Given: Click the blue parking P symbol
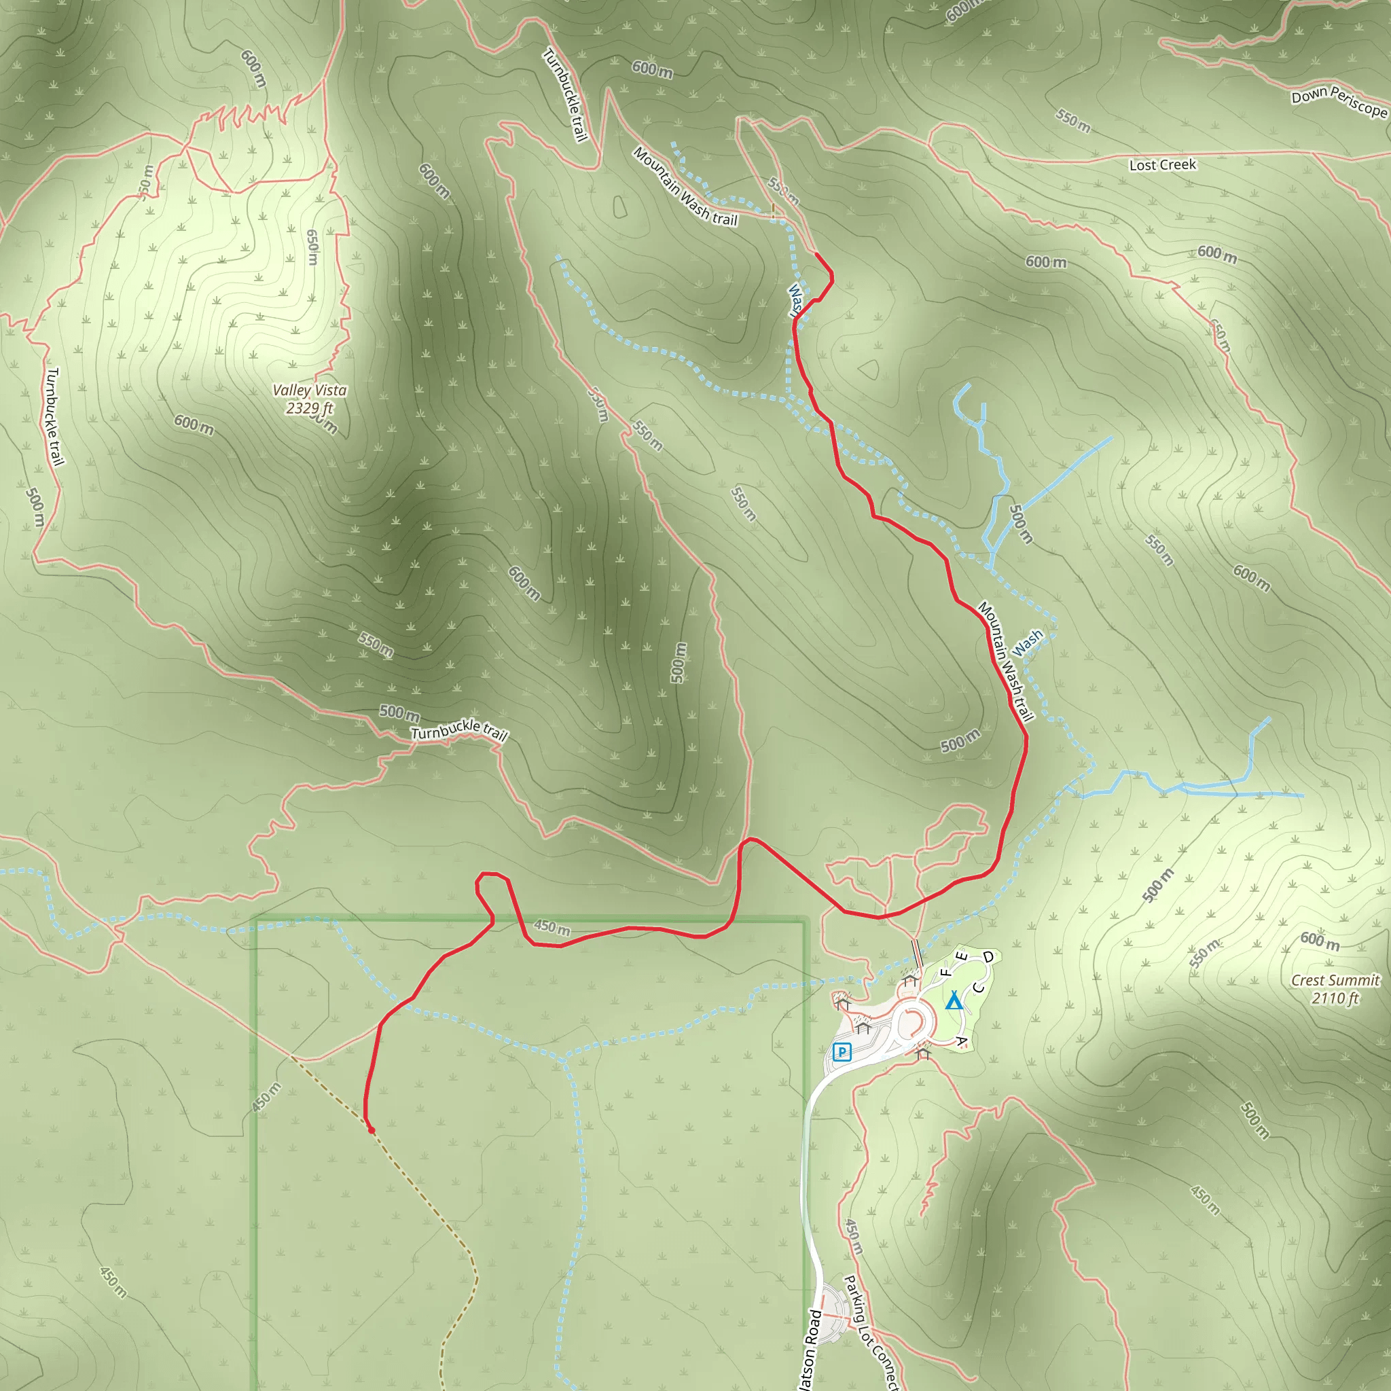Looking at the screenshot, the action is pos(842,1052).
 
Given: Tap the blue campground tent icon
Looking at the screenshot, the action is pos(954,1000).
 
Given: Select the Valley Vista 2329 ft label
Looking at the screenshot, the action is pos(310,399).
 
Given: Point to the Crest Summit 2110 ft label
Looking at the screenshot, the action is pos(1335,988).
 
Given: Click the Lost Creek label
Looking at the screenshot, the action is pos(1162,165).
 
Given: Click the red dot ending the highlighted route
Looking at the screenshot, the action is pos(372,1130).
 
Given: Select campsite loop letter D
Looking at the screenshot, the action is pos(988,957).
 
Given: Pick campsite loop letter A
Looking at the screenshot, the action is pos(960,1041).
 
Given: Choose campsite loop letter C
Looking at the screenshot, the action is pos(979,988).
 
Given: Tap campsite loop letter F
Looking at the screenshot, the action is pos(946,973).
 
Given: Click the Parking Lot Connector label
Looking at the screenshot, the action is pos(871,1334).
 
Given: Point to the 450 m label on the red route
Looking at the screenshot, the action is pos(552,926).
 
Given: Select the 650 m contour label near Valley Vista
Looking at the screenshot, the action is pos(312,247).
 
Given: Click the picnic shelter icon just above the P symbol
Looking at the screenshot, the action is pos(863,1028).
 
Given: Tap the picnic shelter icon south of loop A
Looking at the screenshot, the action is pos(924,1053).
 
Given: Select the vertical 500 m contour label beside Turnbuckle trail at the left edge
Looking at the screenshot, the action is pos(35,507).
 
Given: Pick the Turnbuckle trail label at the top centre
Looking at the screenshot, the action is pos(566,94).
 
